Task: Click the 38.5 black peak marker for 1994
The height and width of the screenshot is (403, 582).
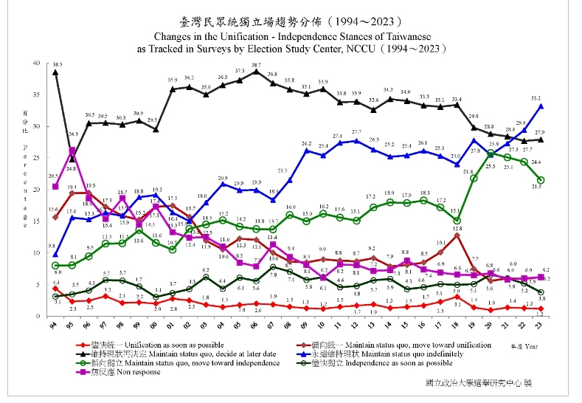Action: (x=55, y=72)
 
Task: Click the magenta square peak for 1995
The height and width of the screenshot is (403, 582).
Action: (x=72, y=151)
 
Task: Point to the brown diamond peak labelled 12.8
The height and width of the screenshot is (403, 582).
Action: (x=457, y=235)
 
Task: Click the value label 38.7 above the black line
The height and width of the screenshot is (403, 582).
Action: (x=255, y=65)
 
